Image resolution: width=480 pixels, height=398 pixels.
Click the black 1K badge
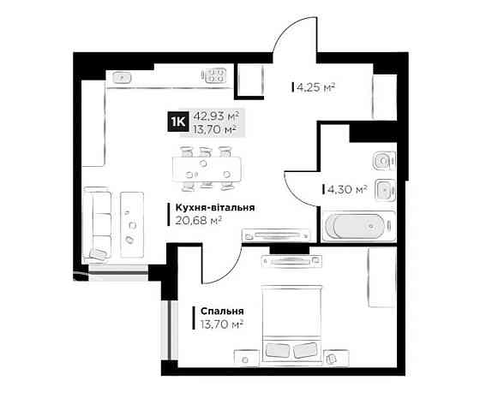click(x=179, y=122)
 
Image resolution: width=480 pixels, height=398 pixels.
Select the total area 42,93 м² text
click(x=215, y=116)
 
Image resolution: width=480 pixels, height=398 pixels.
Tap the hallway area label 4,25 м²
click(x=315, y=86)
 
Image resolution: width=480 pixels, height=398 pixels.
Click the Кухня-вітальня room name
click(x=214, y=207)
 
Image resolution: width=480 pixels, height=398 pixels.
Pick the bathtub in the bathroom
click(x=359, y=228)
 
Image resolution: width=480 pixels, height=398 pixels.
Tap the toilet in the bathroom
click(x=382, y=159)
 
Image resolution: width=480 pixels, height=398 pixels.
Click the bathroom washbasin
click(x=385, y=188)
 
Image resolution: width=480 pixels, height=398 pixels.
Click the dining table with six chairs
click(x=206, y=166)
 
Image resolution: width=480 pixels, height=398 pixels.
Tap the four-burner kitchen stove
click(x=216, y=75)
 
